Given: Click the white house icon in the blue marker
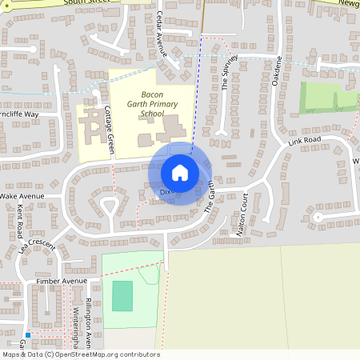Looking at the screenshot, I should tap(180, 172).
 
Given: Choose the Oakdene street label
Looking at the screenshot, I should tap(278, 75).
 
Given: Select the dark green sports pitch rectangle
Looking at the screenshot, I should tap(122, 295).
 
